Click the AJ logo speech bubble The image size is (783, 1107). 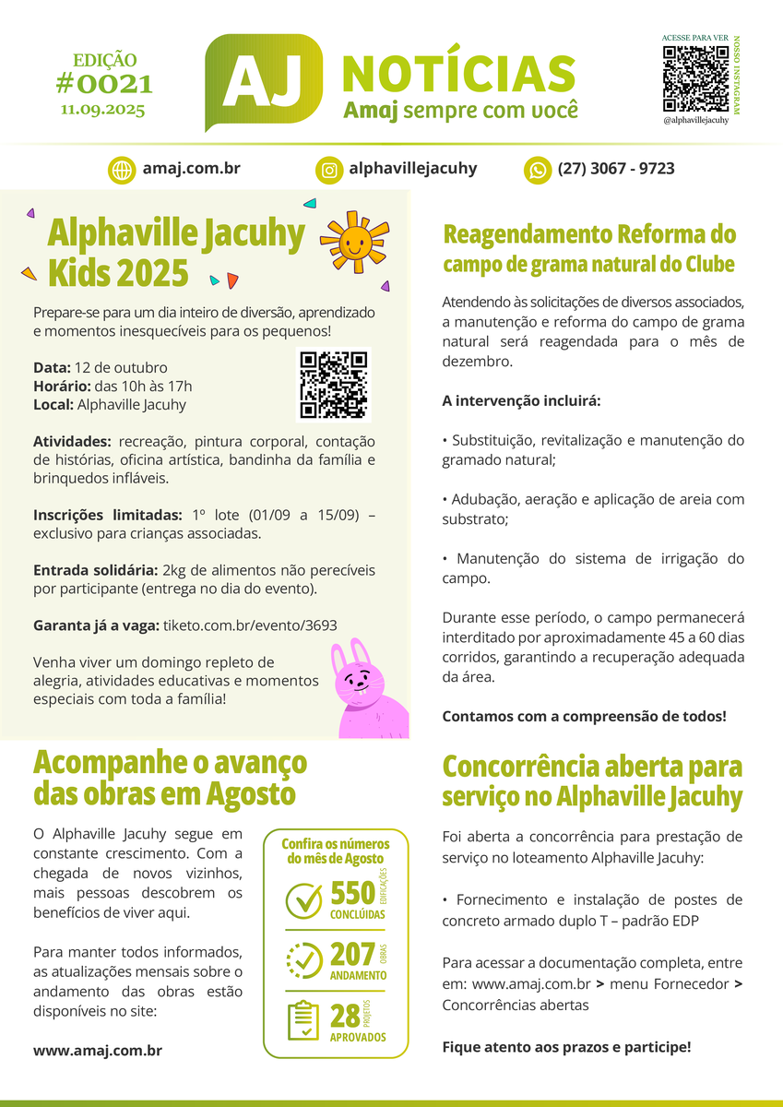(x=264, y=81)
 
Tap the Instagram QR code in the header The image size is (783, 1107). (x=695, y=77)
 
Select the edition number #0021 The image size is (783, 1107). (x=103, y=85)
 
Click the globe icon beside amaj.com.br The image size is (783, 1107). (x=122, y=170)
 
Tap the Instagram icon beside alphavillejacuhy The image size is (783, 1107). (x=328, y=170)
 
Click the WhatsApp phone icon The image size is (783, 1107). (x=537, y=170)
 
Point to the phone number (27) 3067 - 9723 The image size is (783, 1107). (x=616, y=169)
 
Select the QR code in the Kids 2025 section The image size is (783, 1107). (x=333, y=385)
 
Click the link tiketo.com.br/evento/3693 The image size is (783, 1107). (x=250, y=625)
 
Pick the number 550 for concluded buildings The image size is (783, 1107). (x=352, y=893)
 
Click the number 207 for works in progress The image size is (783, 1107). (x=352, y=954)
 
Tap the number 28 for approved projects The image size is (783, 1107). (x=345, y=1016)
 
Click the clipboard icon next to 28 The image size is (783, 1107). (x=303, y=1020)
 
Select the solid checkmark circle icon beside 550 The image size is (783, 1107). (x=303, y=900)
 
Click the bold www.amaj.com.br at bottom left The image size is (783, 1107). (x=98, y=1050)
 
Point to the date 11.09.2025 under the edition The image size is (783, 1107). (x=103, y=109)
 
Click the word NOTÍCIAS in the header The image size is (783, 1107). (x=458, y=74)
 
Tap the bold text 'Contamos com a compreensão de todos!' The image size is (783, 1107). (x=585, y=716)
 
